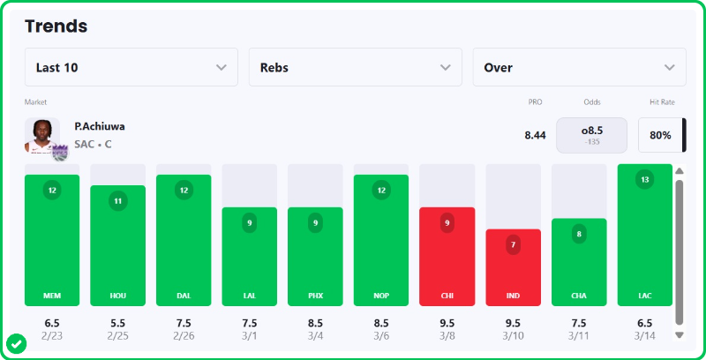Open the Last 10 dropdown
coord(131,67)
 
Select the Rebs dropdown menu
coord(355,67)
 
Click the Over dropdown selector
coord(579,67)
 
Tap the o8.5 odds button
coord(591,135)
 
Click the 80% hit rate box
coord(660,135)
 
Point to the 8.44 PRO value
coord(535,135)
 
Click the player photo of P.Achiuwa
coord(42,136)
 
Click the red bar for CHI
coord(447,256)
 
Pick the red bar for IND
coord(513,266)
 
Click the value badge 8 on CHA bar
coord(579,235)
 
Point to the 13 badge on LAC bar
coord(644,180)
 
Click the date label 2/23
coord(52,336)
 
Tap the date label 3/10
coord(513,336)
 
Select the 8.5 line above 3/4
coord(315,323)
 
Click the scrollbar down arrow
coord(679,335)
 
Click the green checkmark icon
coord(16,343)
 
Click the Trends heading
coord(56,26)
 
